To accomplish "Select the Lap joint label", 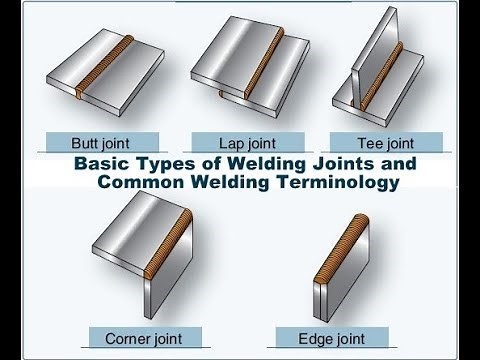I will [x=246, y=142].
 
